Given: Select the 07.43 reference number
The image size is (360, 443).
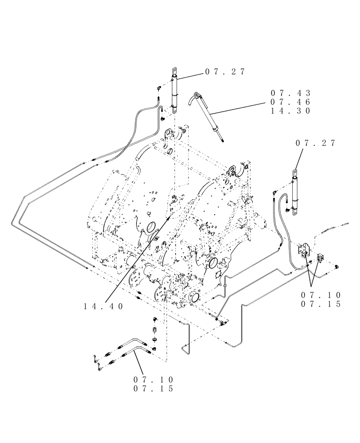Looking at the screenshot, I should pos(291,93).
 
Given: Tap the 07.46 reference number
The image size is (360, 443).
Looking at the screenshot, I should pos(291,102).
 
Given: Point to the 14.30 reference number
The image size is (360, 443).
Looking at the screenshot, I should pos(291,111).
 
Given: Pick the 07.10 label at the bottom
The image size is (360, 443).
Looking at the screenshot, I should pos(153,380).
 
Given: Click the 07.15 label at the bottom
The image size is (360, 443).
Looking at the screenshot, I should pos(153,389).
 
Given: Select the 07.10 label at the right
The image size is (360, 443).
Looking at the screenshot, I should pos(320,295).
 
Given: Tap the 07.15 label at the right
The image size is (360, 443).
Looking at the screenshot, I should pos(320,304).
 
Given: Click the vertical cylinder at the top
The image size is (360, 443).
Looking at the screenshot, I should pos(174,95).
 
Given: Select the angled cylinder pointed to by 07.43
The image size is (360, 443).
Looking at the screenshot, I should pos(208,116).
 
